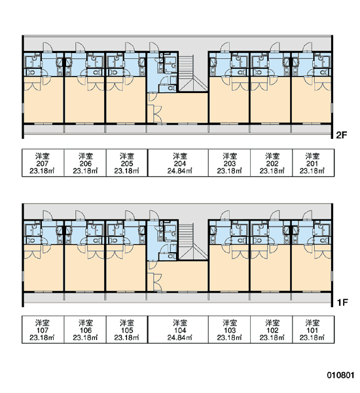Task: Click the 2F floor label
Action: [x=342, y=135]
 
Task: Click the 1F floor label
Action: [x=342, y=303]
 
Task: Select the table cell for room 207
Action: [x=43, y=163]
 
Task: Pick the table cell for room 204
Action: [x=178, y=163]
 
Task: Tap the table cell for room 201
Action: [x=313, y=163]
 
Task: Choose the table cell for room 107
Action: [x=43, y=329]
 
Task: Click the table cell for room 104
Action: [x=178, y=329]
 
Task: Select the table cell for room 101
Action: [x=313, y=329]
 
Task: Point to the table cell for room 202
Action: [x=272, y=163]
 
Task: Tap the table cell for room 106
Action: [x=85, y=329]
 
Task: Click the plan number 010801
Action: [x=340, y=375]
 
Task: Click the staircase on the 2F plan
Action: [x=193, y=73]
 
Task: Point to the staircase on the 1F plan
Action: [x=193, y=242]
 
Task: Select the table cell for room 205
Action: [x=127, y=163]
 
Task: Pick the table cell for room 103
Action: [x=229, y=329]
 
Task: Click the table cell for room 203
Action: [x=229, y=163]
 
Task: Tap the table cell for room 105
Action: [x=127, y=329]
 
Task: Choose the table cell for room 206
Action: [x=85, y=163]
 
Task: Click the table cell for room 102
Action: [x=272, y=329]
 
